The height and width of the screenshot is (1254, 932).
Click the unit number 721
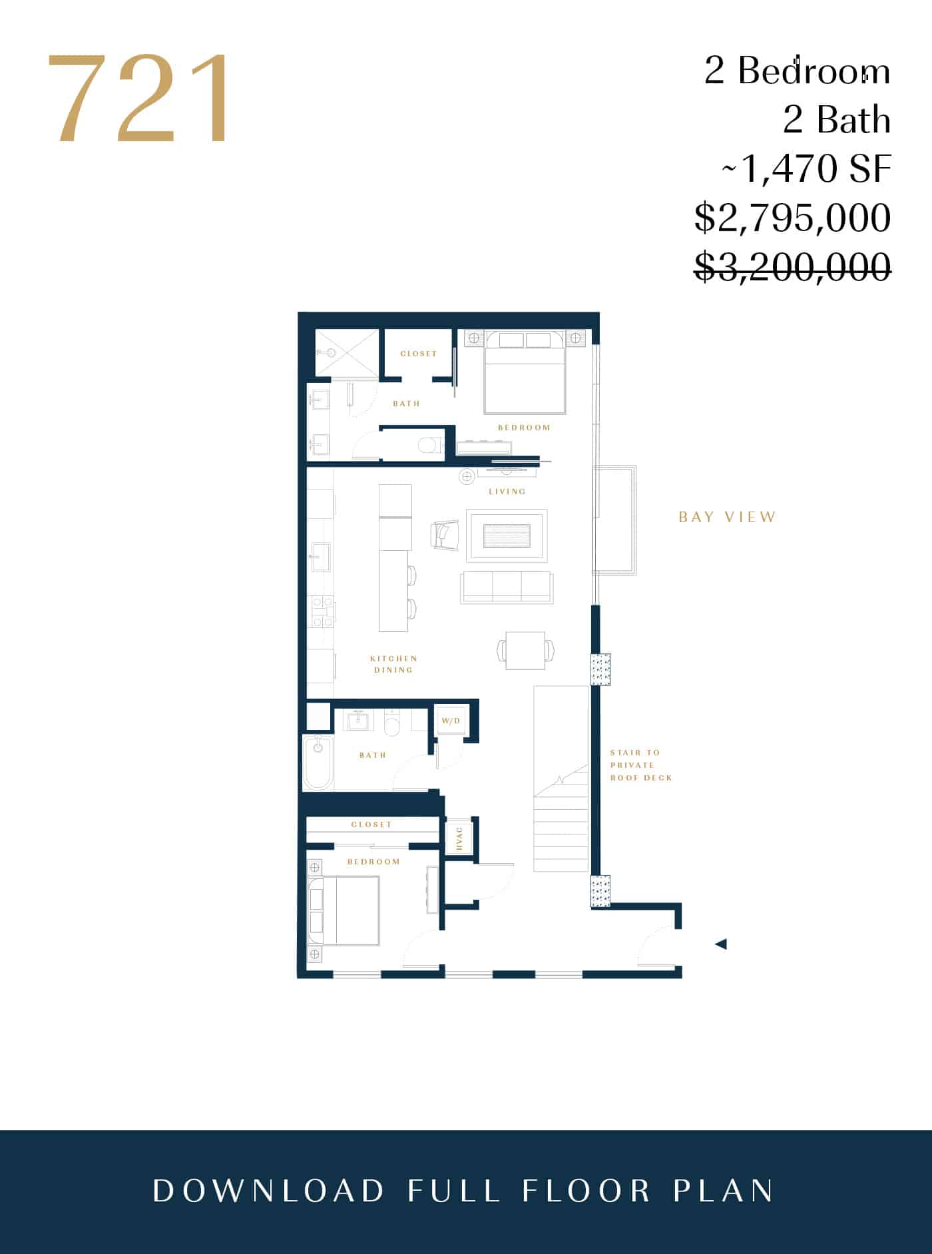(139, 99)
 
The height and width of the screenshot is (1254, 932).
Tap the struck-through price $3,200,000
(792, 266)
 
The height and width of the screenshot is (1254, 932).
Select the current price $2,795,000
(792, 218)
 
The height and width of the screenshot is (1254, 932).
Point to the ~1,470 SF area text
(806, 168)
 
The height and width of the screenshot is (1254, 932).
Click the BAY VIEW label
(728, 517)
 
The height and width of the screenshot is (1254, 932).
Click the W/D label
(451, 721)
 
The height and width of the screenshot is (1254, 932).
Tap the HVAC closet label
(459, 838)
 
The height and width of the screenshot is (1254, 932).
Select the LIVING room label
(507, 491)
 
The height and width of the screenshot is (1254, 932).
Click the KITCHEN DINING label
(393, 664)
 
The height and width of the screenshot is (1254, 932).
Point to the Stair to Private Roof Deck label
(641, 765)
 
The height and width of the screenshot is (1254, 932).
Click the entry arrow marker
(720, 944)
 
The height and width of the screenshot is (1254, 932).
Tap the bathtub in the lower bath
(318, 763)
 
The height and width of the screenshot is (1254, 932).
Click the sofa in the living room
(506, 587)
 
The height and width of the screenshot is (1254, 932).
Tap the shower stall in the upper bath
(346, 352)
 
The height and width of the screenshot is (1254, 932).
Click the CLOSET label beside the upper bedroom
(419, 354)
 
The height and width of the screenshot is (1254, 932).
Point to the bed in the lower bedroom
(344, 911)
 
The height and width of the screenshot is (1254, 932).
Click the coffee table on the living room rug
(507, 535)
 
